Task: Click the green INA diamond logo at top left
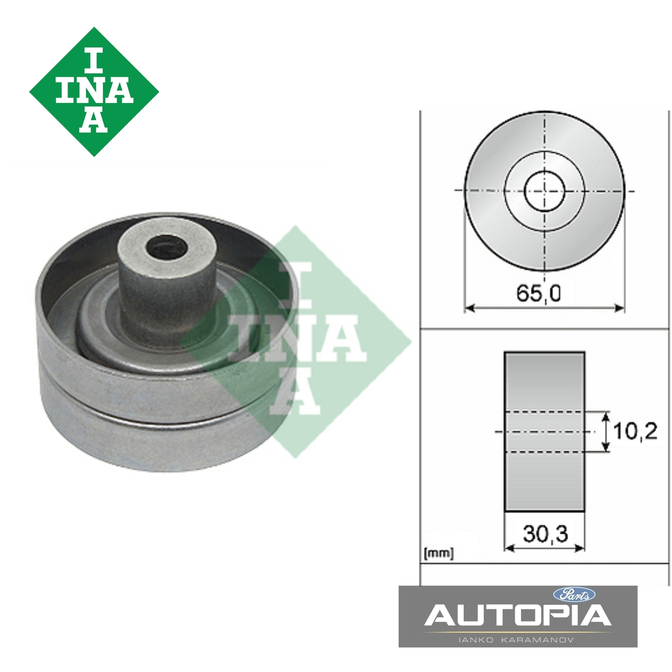94,92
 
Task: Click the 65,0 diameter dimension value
538,293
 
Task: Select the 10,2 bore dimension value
635,431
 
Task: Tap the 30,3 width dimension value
545,534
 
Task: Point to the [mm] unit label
439,553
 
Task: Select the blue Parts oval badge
574,594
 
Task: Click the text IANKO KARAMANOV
517,640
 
